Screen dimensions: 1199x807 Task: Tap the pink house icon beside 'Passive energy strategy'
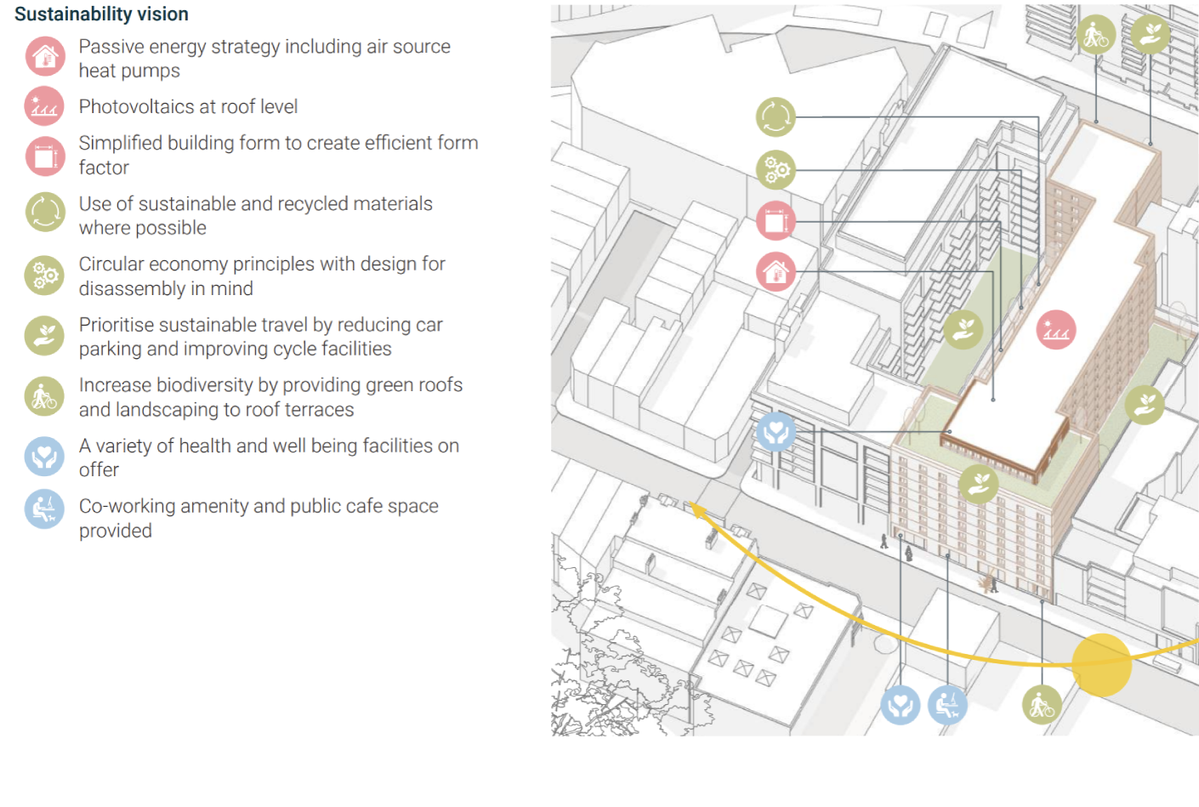pyautogui.click(x=46, y=57)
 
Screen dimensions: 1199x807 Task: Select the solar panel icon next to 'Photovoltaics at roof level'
pyautogui.click(x=44, y=106)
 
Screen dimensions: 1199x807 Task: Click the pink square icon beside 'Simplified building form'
pyautogui.click(x=46, y=156)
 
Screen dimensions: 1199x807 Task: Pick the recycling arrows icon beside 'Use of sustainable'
pyautogui.click(x=46, y=213)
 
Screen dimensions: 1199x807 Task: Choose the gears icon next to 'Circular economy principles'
pyautogui.click(x=44, y=276)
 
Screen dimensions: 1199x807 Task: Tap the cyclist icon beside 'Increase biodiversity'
pyautogui.click(x=44, y=396)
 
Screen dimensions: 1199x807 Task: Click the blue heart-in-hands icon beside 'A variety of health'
pyautogui.click(x=44, y=457)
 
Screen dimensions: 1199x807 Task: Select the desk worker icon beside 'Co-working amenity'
pyautogui.click(x=44, y=509)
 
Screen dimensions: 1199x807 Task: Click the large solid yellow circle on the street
pyautogui.click(x=1101, y=665)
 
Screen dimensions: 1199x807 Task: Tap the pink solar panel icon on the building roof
pyautogui.click(x=1055, y=330)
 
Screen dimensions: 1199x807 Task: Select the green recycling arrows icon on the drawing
pyautogui.click(x=776, y=117)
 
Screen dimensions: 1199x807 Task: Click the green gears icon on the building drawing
pyautogui.click(x=776, y=170)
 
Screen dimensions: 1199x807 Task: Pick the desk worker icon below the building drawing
pyautogui.click(x=947, y=705)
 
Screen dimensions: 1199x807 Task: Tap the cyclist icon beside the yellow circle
pyautogui.click(x=1042, y=705)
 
